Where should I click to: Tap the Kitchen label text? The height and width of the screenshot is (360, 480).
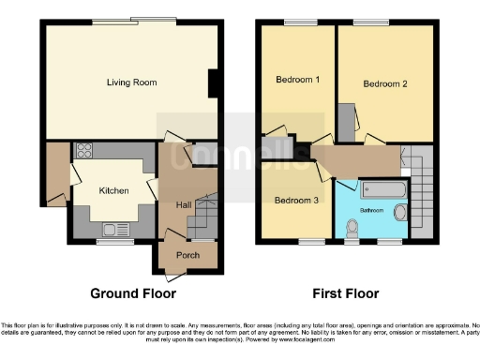[x=112, y=189]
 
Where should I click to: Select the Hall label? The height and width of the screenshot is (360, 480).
[x=184, y=204]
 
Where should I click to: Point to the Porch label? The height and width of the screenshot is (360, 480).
[x=187, y=255]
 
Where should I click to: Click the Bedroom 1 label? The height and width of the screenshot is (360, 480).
[x=297, y=81]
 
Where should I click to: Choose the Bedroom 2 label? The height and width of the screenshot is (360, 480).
[x=385, y=84]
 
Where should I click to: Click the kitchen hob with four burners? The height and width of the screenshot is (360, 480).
[x=83, y=151]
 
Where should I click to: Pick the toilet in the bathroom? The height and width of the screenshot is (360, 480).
[x=352, y=228]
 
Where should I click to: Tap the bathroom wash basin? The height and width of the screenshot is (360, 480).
[x=400, y=213]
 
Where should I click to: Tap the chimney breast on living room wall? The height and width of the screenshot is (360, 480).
[x=215, y=82]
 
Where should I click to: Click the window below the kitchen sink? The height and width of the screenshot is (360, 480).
[x=110, y=242]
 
